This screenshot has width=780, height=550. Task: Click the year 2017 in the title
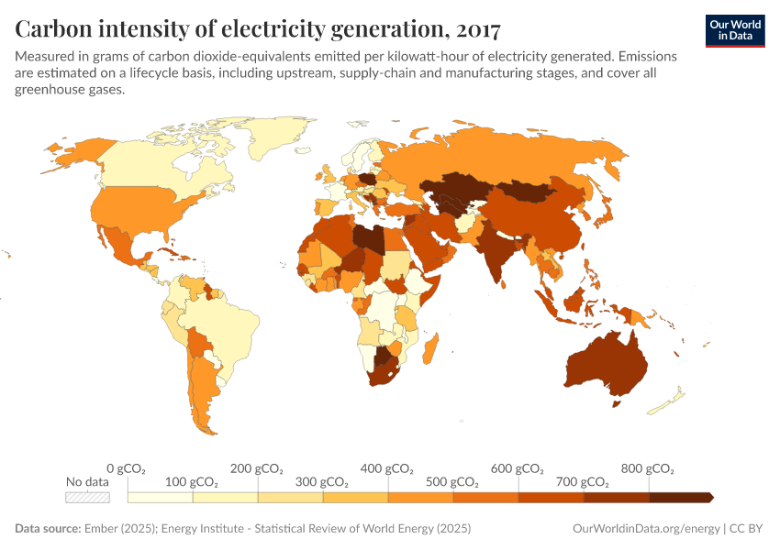[476, 29]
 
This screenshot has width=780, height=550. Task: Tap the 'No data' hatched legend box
[87, 497]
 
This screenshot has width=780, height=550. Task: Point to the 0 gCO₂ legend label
[127, 468]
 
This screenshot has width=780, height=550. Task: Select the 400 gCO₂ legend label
[387, 468]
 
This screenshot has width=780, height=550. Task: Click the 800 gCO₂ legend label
[648, 468]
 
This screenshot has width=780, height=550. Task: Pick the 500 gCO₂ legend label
[452, 482]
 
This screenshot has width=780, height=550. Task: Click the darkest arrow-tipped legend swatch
[681, 497]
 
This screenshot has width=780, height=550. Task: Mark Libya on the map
[373, 236]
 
